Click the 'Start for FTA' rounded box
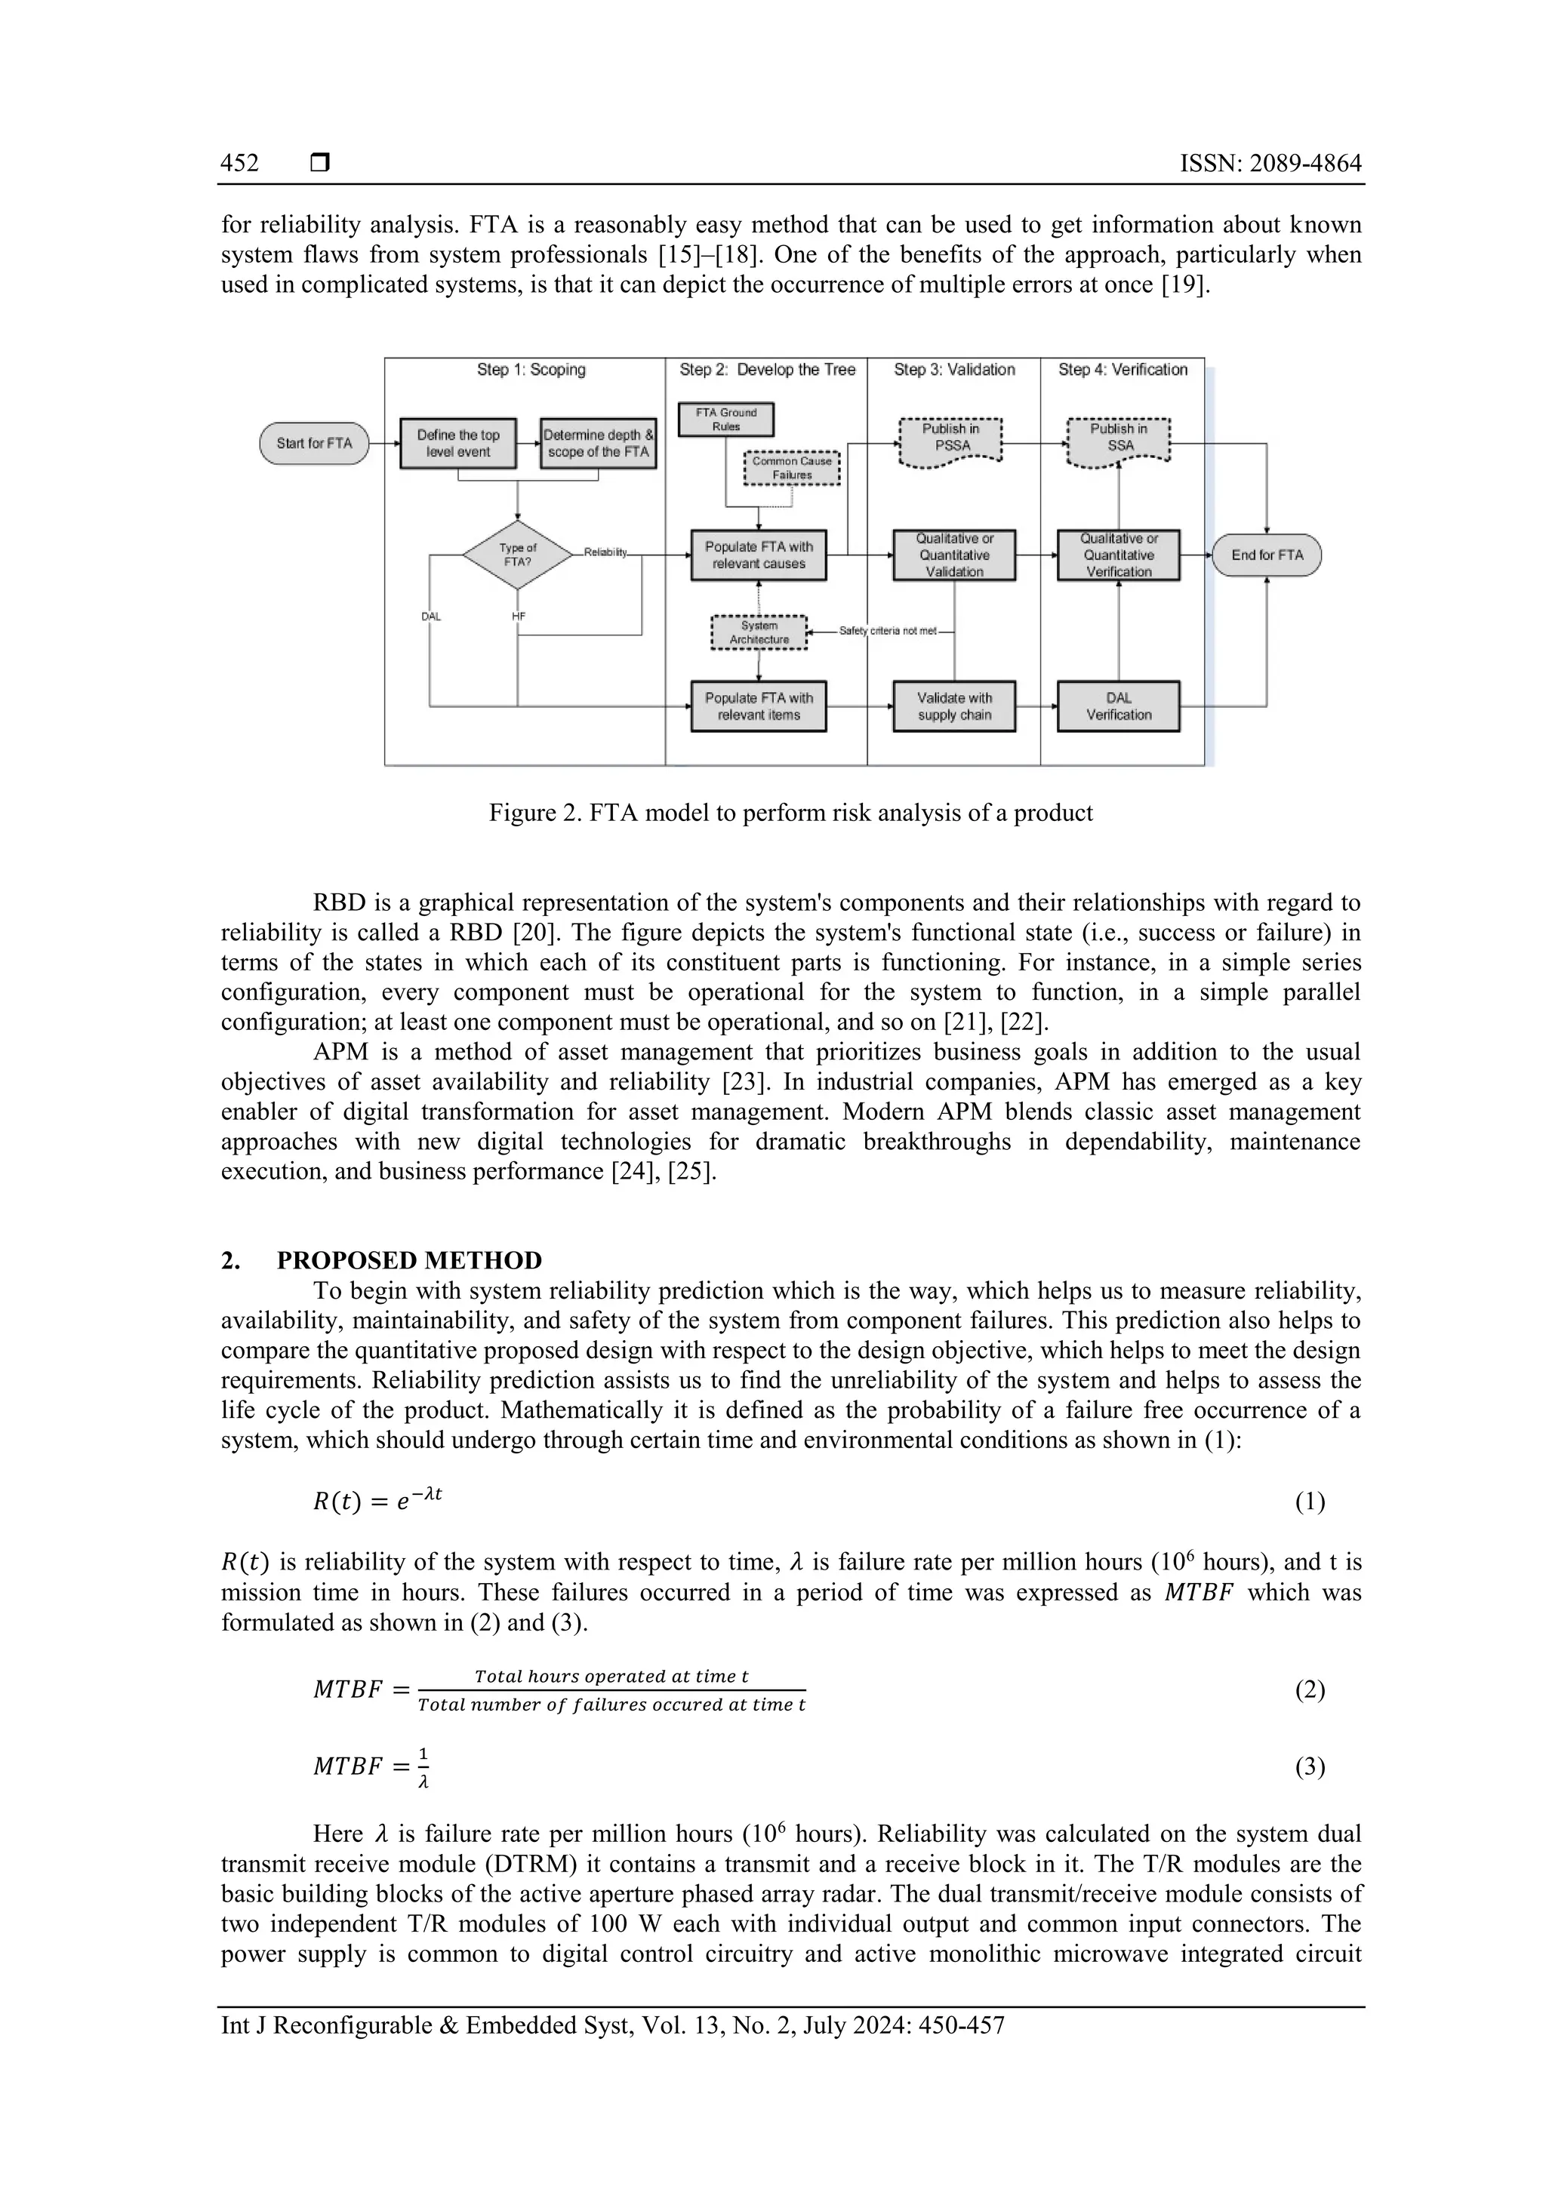[x=313, y=444]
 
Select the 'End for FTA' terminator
[x=1266, y=555]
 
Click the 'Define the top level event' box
[x=458, y=444]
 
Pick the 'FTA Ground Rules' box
[x=726, y=419]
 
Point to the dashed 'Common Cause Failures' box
[x=792, y=468]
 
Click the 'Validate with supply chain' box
[x=953, y=706]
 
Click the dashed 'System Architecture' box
[x=759, y=633]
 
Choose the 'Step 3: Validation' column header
[x=953, y=370]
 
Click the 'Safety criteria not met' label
[x=888, y=632]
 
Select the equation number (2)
[x=1310, y=1690]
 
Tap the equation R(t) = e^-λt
[x=378, y=1502]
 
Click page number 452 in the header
[x=239, y=164]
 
